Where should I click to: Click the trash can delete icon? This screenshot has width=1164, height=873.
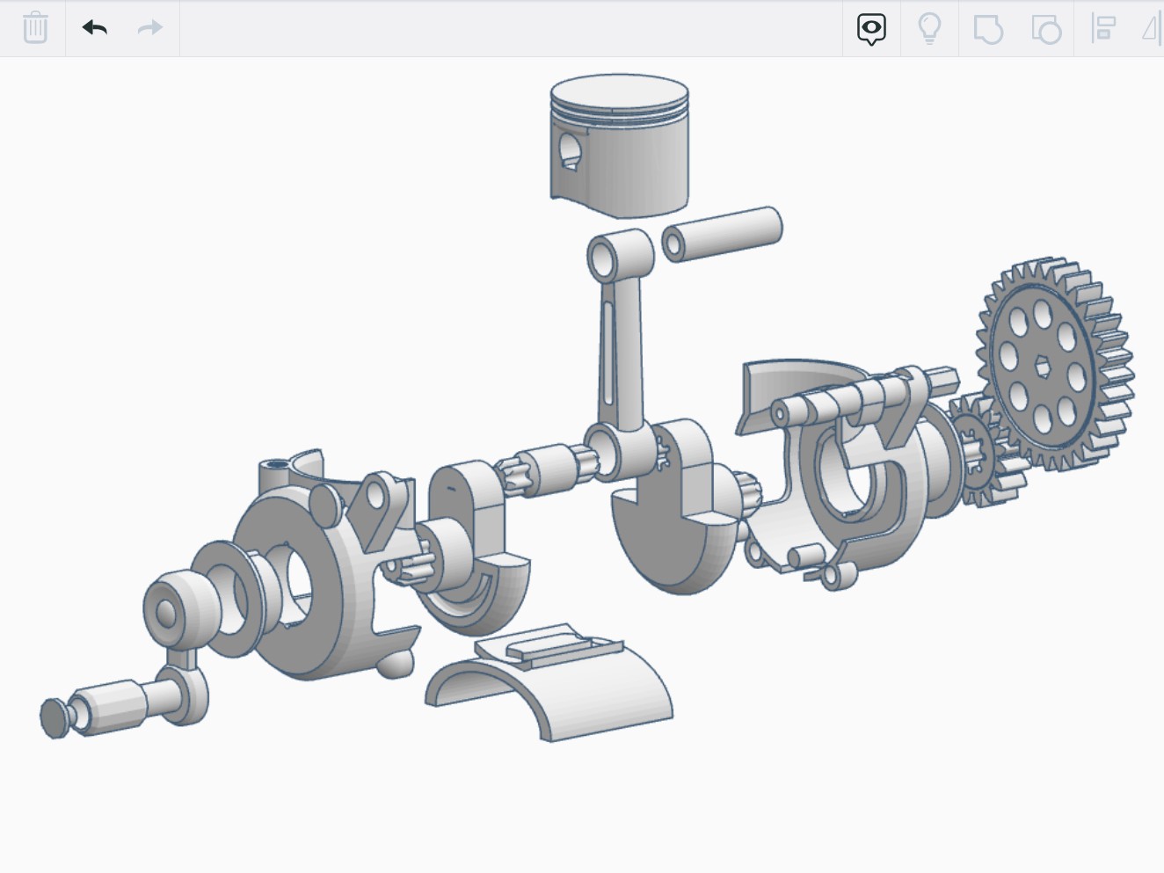pyautogui.click(x=35, y=28)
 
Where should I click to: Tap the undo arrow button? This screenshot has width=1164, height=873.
pyautogui.click(x=95, y=28)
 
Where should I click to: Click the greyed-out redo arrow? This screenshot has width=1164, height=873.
pyautogui.click(x=150, y=28)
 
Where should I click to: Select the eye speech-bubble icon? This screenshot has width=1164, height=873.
pyautogui.click(x=871, y=28)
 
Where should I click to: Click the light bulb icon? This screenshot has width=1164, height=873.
pyautogui.click(x=929, y=28)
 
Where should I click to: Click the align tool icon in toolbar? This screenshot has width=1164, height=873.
pyautogui.click(x=1103, y=28)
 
